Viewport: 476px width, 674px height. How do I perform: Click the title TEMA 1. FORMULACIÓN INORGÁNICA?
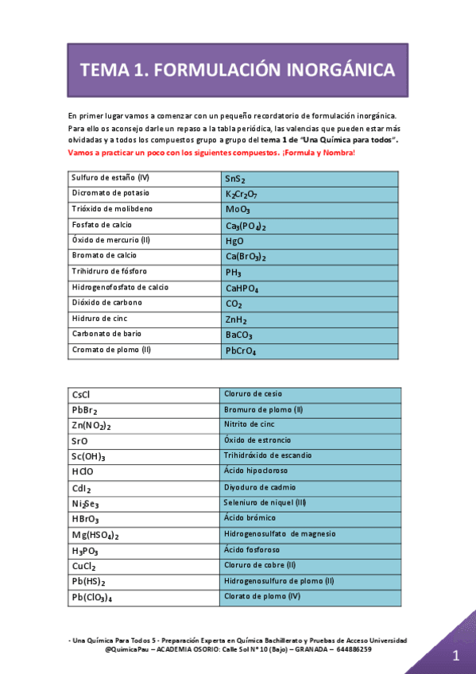pyautogui.click(x=238, y=70)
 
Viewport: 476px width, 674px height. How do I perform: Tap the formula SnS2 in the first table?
pyautogui.click(x=236, y=180)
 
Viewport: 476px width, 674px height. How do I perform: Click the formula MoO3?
pyautogui.click(x=238, y=211)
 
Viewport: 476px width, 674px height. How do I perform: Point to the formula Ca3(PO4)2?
pyautogui.click(x=246, y=227)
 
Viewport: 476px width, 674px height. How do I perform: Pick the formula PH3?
pyautogui.click(x=233, y=273)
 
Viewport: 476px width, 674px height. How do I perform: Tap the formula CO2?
pyautogui.click(x=234, y=304)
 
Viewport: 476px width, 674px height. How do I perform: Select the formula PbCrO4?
pyautogui.click(x=241, y=351)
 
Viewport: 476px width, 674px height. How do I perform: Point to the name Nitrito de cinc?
pyautogui.click(x=250, y=424)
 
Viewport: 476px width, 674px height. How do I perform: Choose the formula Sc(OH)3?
pyautogui.click(x=88, y=456)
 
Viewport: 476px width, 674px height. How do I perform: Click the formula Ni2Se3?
pyautogui.click(x=85, y=503)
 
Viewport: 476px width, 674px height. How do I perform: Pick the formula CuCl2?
pyautogui.click(x=83, y=567)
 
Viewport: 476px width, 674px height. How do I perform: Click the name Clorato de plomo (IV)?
pyautogui.click(x=263, y=595)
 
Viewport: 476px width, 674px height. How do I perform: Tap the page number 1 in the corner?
pyautogui.click(x=456, y=656)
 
